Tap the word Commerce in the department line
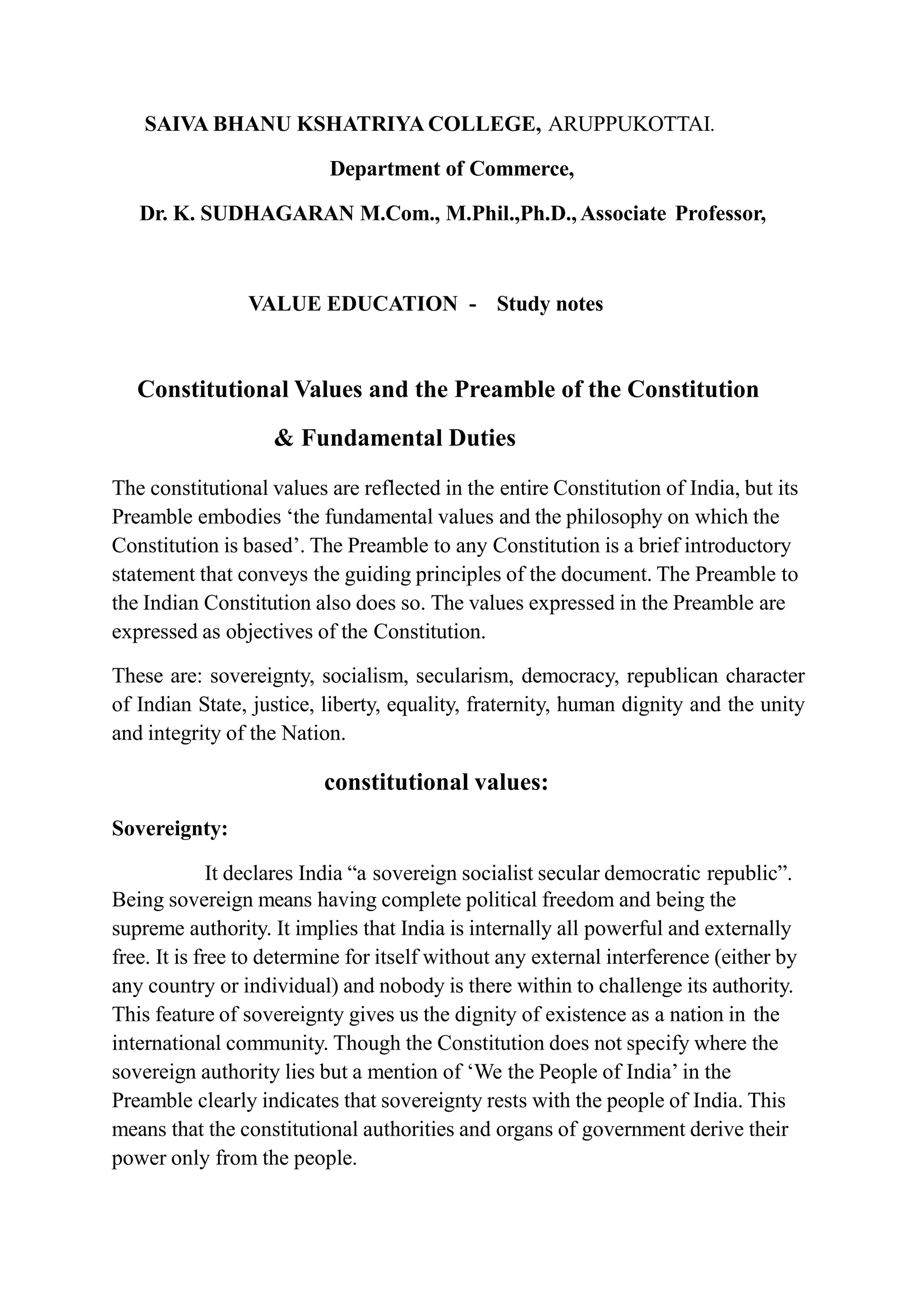521,169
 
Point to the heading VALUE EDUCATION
352,304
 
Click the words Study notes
550,304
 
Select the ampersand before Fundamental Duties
283,438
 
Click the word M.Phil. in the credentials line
479,214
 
